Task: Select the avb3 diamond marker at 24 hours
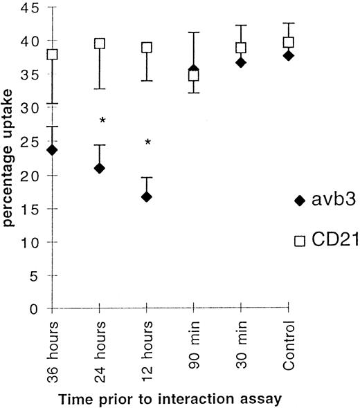coord(99,168)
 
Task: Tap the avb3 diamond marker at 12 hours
coord(146,197)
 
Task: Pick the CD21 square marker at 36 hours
coord(52,55)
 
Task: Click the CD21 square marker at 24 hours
coord(99,44)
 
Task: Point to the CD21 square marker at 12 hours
coord(146,48)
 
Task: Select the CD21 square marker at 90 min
coord(194,75)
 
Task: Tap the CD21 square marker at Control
coord(288,42)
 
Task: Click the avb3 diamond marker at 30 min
coord(241,62)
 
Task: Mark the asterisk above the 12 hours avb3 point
coord(147,143)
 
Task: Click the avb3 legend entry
coord(319,201)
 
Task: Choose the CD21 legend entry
coord(319,241)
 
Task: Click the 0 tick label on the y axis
coord(33,309)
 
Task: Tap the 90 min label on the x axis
coord(195,338)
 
